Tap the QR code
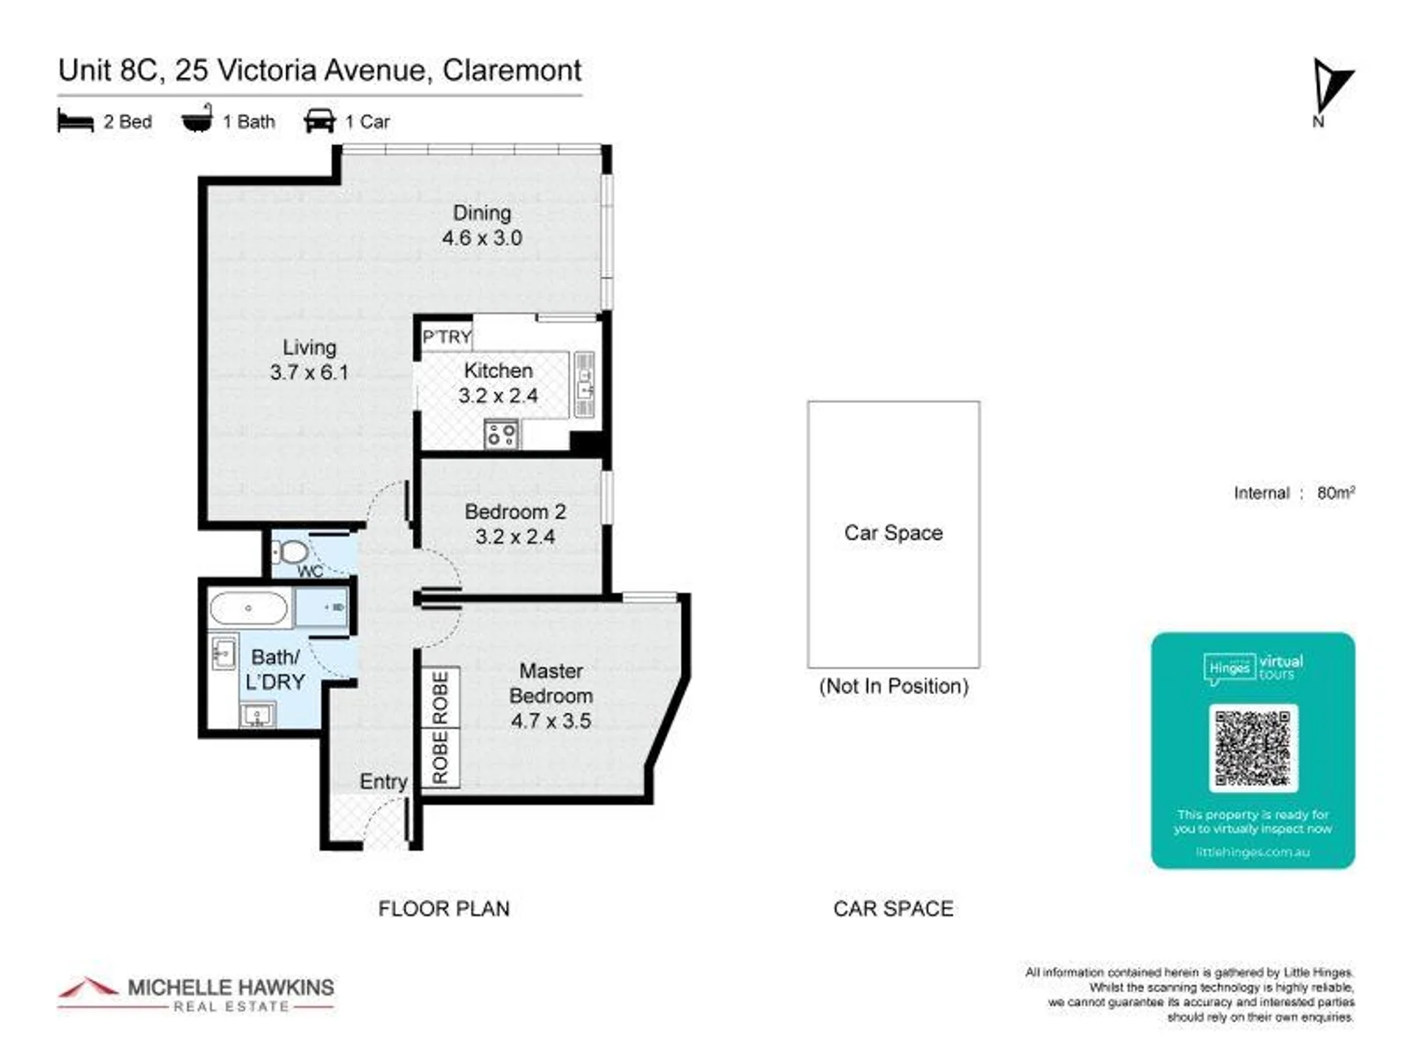(1252, 748)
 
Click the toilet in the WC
(290, 552)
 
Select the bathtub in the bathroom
(249, 608)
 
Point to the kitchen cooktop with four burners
(502, 434)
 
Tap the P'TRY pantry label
(446, 337)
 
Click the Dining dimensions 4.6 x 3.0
(482, 238)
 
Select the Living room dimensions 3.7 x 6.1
(309, 372)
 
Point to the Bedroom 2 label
(516, 512)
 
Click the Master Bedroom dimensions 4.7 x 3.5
(551, 721)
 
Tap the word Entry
(383, 782)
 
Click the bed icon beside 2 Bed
(76, 121)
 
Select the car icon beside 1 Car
(320, 121)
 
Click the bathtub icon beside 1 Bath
(197, 119)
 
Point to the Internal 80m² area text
(1294, 493)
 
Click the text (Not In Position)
(894, 686)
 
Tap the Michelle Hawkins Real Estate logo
(196, 994)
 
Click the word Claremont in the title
(512, 71)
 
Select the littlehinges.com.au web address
(1252, 852)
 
